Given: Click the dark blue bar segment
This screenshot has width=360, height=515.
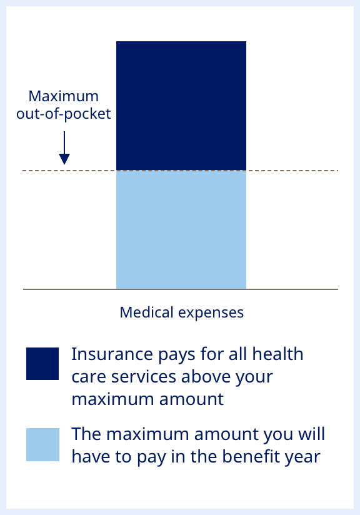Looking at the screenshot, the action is pos(181,106).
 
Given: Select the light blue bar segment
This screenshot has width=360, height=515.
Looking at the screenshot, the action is pos(181,229).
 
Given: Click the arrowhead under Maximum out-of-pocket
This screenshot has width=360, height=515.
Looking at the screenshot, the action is pos(64,159).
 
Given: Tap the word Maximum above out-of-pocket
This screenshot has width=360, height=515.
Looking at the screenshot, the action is pos(63,96).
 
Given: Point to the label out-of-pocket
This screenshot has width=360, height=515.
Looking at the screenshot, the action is pos(63,114).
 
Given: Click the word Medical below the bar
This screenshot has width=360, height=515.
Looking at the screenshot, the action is pos(146,312).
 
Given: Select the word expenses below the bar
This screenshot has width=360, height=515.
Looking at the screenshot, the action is pos(211,313).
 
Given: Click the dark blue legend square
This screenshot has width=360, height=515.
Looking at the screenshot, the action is pos(42,364).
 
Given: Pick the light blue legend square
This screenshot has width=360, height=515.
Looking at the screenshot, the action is pos(42,444).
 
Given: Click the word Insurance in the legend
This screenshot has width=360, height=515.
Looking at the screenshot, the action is pos(112,354).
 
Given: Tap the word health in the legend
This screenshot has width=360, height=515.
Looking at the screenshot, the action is pos(277,354).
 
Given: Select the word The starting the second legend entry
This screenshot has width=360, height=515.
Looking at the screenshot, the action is pos(86,434).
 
